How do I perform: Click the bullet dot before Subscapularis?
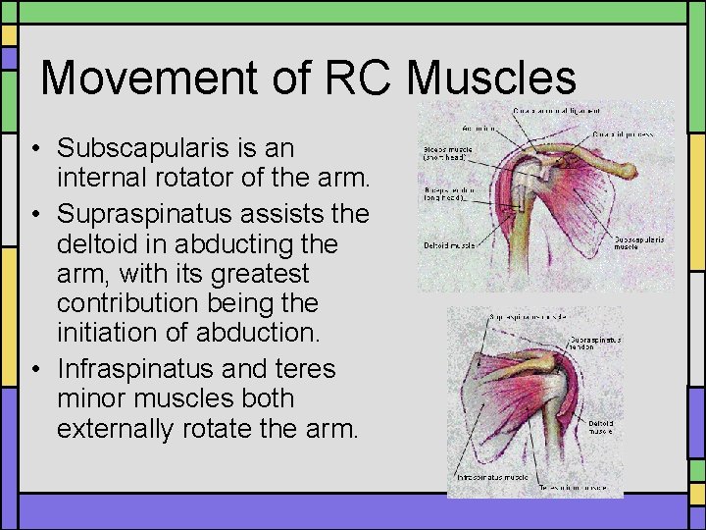pos(33,149)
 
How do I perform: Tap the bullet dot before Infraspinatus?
pos(33,370)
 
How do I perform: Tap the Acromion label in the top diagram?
pos(480,129)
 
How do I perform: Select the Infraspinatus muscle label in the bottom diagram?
pos(492,478)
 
